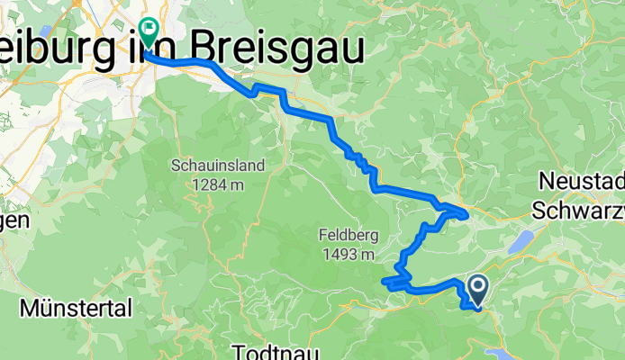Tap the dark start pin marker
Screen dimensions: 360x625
pyautogui.click(x=477, y=289)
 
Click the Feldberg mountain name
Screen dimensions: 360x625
pyautogui.click(x=346, y=236)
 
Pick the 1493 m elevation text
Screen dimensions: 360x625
pyautogui.click(x=347, y=255)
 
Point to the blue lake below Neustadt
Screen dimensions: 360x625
pyautogui.click(x=520, y=240)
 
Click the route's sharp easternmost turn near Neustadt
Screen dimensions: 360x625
pyautogui.click(x=466, y=214)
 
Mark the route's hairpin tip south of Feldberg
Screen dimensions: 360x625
pyautogui.click(x=385, y=283)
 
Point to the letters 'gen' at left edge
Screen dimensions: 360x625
pyautogui.click(x=14, y=220)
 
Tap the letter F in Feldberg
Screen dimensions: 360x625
pyautogui.click(x=323, y=236)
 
